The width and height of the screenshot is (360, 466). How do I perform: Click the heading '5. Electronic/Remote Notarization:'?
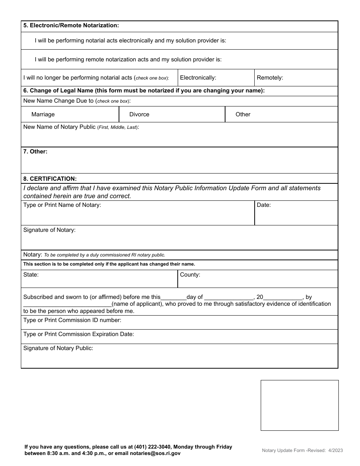tap(71, 25)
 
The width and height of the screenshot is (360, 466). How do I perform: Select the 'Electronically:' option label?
tap(198, 78)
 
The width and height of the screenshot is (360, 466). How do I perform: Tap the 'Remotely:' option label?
tap(270, 78)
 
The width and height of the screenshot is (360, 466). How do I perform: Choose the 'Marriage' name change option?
tap(43, 114)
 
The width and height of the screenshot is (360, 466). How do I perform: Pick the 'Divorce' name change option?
tap(139, 114)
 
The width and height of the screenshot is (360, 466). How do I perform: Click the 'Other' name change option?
tap(243, 114)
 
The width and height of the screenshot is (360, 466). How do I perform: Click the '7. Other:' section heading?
tap(35, 152)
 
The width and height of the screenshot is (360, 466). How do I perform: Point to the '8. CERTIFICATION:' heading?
tap(50, 178)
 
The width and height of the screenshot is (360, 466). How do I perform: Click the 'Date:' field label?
tap(264, 205)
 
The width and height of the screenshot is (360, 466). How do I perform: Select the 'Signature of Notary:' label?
tap(49, 230)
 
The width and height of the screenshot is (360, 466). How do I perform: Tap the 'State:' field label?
tap(31, 275)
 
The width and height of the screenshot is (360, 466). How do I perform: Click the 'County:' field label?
tap(190, 275)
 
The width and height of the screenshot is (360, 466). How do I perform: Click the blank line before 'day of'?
tap(174, 298)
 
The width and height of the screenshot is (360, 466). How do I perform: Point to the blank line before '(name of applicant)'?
tap(67, 305)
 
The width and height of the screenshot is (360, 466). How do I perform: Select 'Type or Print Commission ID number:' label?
tap(72, 320)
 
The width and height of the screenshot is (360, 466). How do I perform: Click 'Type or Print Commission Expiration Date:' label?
tap(78, 334)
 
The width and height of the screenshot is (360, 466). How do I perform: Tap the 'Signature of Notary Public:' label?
tap(58, 348)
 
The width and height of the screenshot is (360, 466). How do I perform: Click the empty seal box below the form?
tap(299, 405)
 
